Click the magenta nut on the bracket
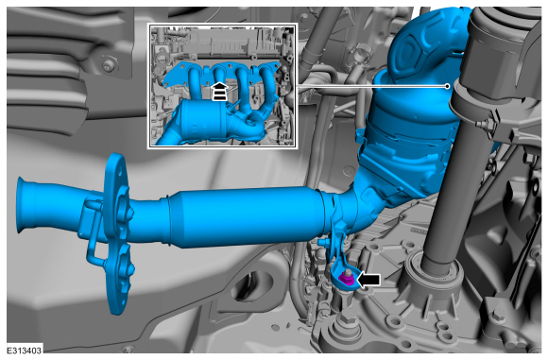346,279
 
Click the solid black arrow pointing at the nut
368,280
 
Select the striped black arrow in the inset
220,92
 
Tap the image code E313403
25,351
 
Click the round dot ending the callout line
447,86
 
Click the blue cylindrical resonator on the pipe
245,217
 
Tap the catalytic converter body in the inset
206,121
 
